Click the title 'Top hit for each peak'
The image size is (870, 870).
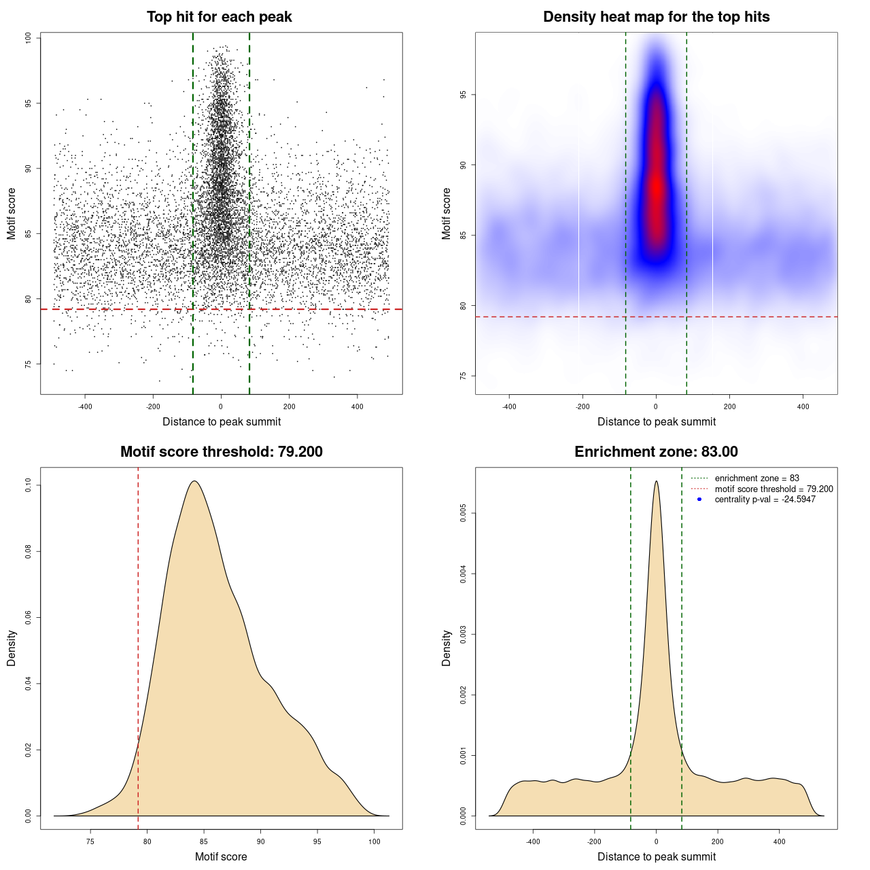tap(220, 17)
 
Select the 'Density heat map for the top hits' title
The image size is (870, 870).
tap(656, 17)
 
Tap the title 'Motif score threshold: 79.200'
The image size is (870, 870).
tap(221, 452)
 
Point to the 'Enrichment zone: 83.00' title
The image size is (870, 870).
tap(656, 452)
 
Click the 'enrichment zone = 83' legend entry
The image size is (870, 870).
tap(756, 478)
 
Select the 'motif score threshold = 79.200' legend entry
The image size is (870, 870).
tap(773, 489)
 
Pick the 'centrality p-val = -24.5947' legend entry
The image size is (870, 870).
tap(765, 500)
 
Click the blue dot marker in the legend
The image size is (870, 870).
tap(699, 500)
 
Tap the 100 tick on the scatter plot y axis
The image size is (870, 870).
tap(28, 38)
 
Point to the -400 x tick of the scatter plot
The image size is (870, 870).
tap(85, 406)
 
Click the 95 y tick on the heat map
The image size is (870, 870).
tap(463, 95)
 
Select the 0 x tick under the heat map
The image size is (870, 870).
tap(656, 406)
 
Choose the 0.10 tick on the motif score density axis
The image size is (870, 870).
tap(28, 485)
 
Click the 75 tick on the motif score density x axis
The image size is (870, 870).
tap(90, 841)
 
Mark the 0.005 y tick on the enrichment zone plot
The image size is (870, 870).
tap(463, 514)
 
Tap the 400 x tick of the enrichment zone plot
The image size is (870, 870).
tap(779, 841)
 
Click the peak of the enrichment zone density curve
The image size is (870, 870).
tap(656, 482)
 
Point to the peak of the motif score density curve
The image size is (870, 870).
tap(194, 482)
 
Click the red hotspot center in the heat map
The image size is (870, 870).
tap(657, 190)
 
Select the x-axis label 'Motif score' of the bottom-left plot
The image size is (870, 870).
tap(221, 856)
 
